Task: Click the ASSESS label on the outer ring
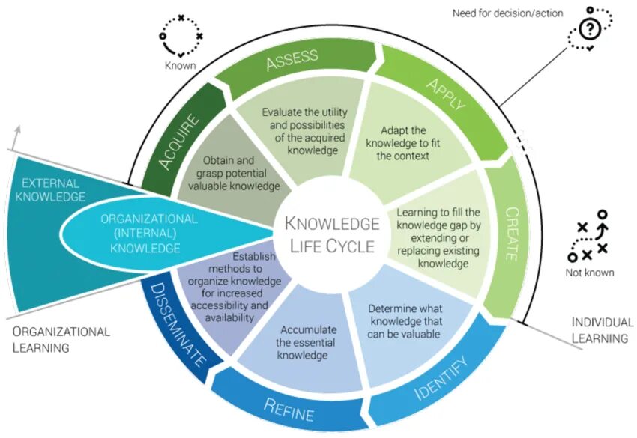292,60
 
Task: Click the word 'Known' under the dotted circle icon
180,65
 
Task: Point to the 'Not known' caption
589,273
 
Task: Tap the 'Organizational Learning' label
61,339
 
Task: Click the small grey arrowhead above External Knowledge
17,131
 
